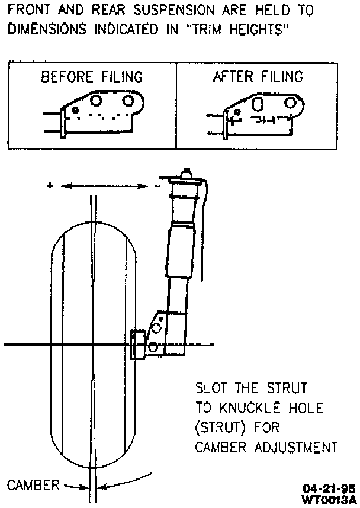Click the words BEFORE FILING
tap(91, 77)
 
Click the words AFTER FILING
tap(258, 76)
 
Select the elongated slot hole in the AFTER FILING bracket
tap(259, 104)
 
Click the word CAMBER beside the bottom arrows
tap(33, 486)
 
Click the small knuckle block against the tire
tap(139, 345)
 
